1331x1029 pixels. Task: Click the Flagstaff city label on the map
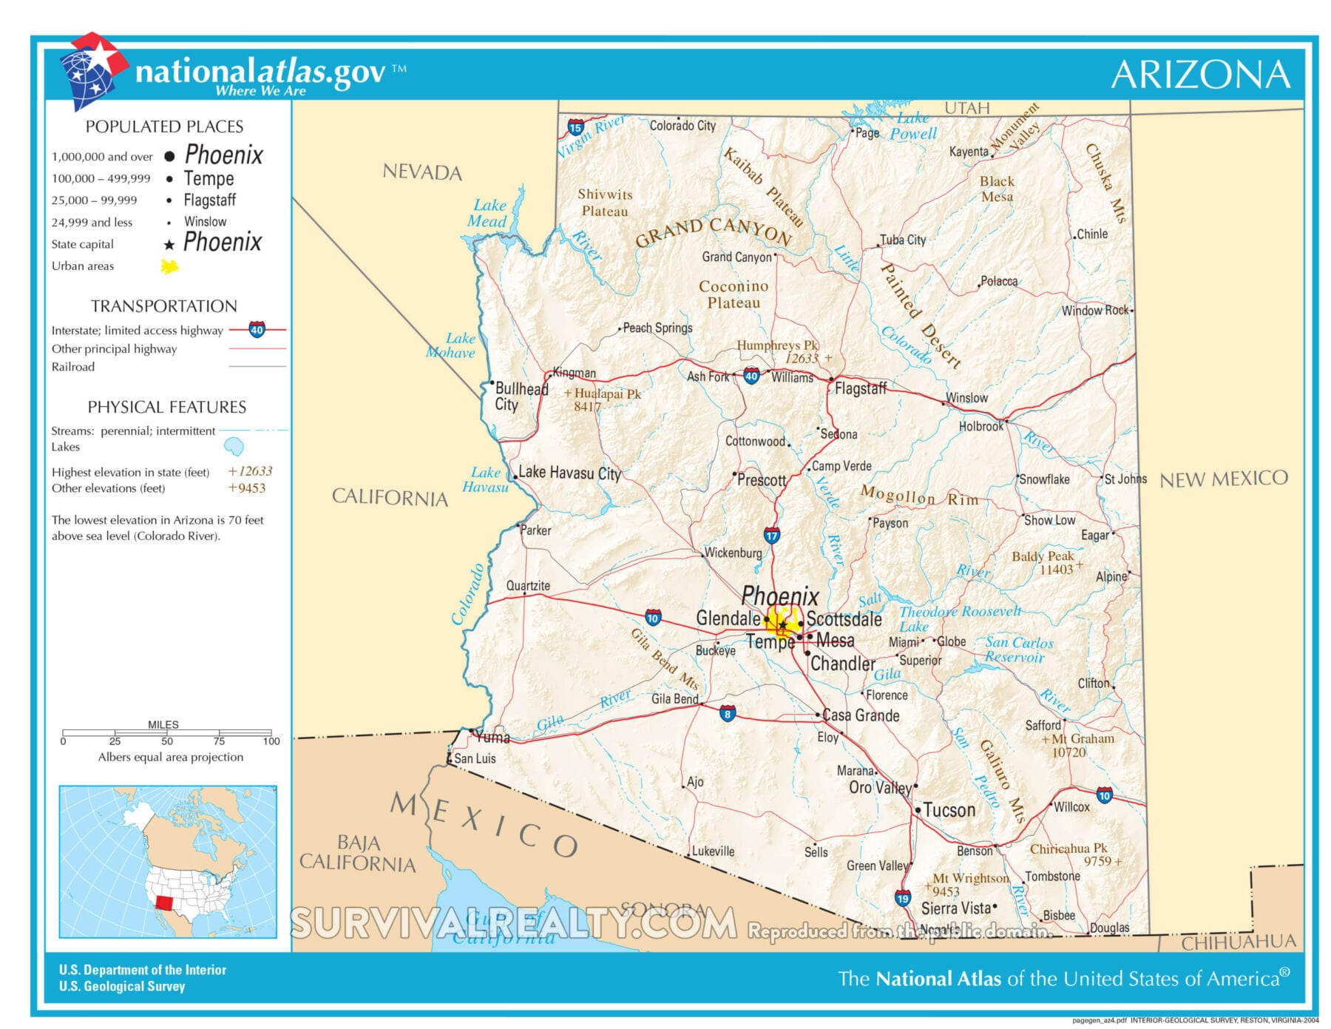tap(860, 388)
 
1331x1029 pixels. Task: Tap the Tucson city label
tap(949, 810)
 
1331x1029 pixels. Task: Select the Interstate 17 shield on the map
tap(772, 536)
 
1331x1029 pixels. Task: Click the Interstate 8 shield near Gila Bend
tap(728, 714)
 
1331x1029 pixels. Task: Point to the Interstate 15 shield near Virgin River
tap(575, 127)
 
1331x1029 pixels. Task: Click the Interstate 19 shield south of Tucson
tap(902, 898)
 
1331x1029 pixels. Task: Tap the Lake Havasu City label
tap(569, 473)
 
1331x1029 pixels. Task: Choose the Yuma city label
tap(492, 738)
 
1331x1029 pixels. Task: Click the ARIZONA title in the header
tap(1200, 75)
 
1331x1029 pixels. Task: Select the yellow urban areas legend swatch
tap(169, 266)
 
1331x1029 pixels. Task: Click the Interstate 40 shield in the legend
tap(257, 330)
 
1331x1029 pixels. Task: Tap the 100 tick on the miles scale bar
tap(271, 741)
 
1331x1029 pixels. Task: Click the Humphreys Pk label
tap(778, 345)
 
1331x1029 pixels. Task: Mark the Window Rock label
tap(1095, 311)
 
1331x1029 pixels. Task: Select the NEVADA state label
tap(422, 172)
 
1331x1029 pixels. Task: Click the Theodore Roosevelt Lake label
tap(959, 618)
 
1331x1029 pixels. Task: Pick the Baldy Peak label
tap(1043, 556)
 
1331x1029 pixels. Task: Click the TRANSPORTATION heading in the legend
tap(164, 306)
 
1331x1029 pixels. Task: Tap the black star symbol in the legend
tap(169, 245)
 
